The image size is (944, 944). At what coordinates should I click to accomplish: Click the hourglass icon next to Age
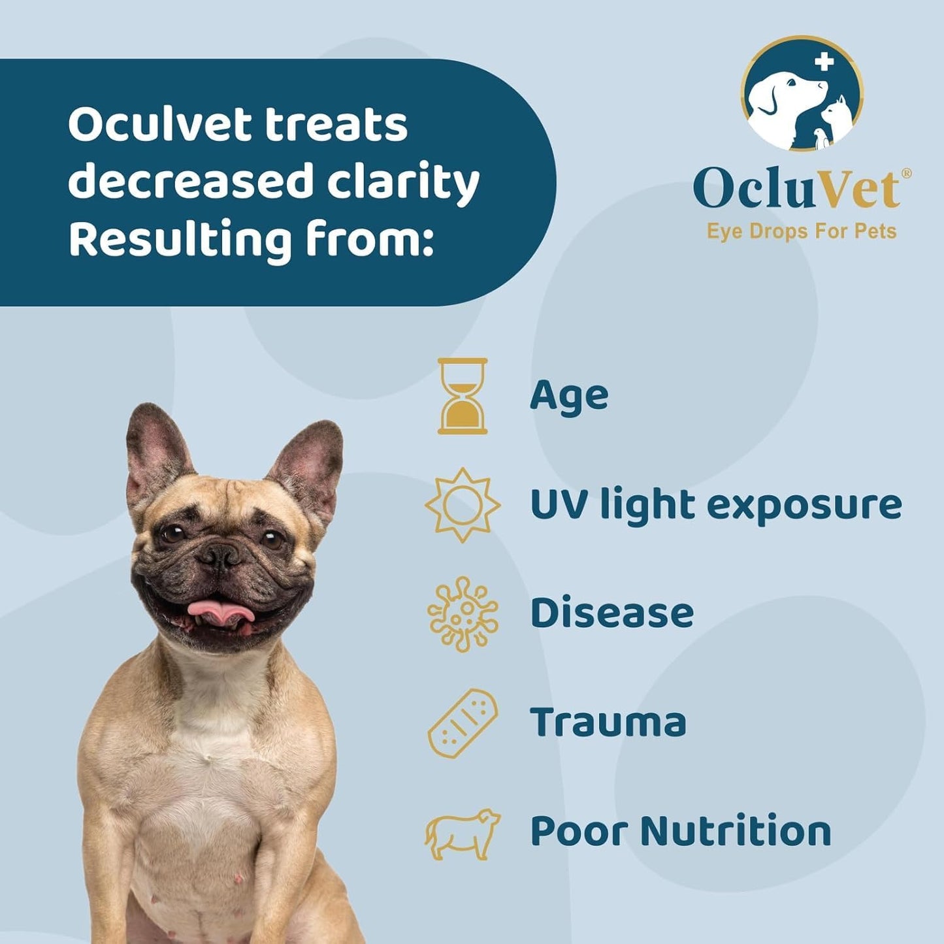pyautogui.click(x=463, y=396)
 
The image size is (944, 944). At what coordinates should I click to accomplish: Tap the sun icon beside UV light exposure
pyautogui.click(x=463, y=505)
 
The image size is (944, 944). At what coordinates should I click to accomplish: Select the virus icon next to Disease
pyautogui.click(x=463, y=614)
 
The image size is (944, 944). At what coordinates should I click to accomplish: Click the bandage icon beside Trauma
pyautogui.click(x=463, y=723)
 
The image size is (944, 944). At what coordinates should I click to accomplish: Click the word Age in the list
pyautogui.click(x=569, y=396)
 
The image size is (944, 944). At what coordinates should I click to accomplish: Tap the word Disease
pyautogui.click(x=611, y=613)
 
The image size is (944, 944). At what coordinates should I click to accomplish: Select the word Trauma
pyautogui.click(x=608, y=723)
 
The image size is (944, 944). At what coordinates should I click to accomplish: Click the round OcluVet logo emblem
pyautogui.click(x=802, y=93)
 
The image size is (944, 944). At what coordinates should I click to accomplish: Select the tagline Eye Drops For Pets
pyautogui.click(x=802, y=231)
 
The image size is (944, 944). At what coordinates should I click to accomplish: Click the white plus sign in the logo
pyautogui.click(x=824, y=62)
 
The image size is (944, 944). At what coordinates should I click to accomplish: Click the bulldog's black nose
pyautogui.click(x=219, y=556)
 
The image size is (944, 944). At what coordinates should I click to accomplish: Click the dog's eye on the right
pyautogui.click(x=272, y=539)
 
